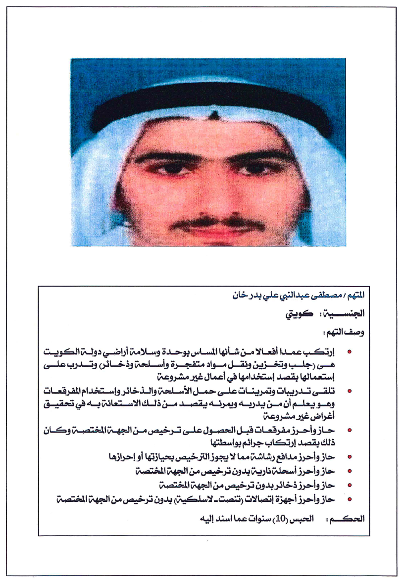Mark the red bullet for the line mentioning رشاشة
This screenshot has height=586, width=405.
click(350, 456)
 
